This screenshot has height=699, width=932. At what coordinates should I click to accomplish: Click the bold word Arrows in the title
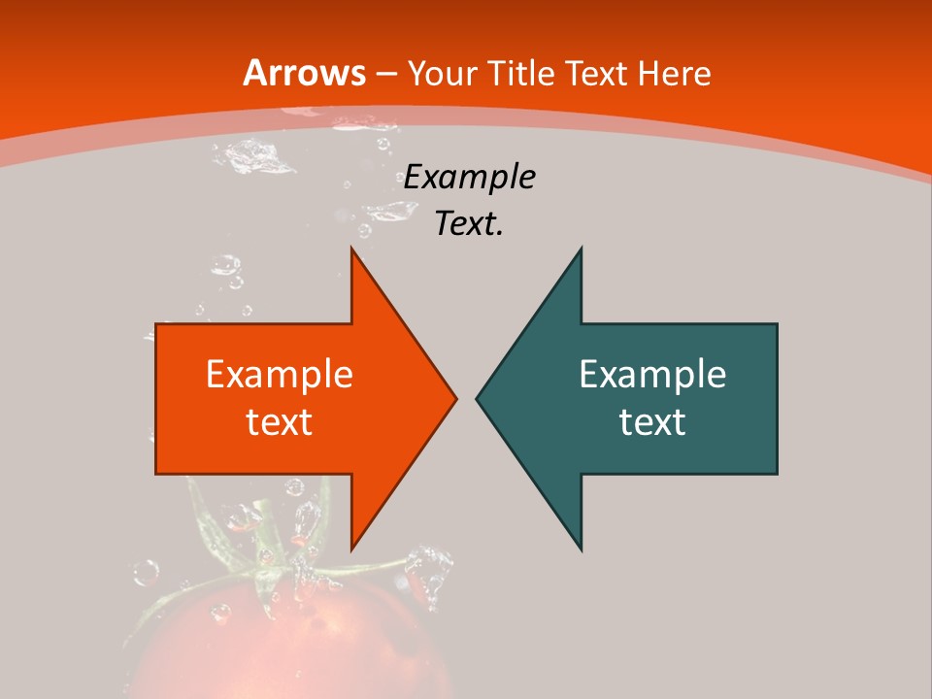pos(304,73)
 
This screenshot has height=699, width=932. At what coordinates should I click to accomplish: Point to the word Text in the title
pos(597,73)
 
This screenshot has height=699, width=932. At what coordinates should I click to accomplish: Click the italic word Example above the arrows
pos(470,178)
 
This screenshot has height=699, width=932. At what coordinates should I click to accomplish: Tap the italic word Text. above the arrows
pos(470,224)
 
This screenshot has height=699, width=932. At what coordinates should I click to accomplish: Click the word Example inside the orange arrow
pos(280,375)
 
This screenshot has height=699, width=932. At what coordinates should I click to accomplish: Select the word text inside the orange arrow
pos(280,422)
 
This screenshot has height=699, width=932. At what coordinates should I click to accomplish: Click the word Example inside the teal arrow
pos(652,375)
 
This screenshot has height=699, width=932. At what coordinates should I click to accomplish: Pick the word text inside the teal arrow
pos(652,422)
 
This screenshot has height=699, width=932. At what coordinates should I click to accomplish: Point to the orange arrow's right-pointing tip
pos(454,398)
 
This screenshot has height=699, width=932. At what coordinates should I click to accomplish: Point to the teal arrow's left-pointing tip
pos(478,398)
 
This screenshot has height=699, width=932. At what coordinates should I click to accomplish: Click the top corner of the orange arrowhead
pos(351,249)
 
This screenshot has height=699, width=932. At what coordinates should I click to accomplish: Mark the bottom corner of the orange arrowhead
pos(351,549)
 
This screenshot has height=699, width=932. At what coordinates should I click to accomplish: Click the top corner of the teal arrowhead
pos(581,249)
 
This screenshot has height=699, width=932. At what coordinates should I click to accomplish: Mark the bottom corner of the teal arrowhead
pos(581,549)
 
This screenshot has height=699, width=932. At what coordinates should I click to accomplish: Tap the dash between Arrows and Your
pos(385,74)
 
